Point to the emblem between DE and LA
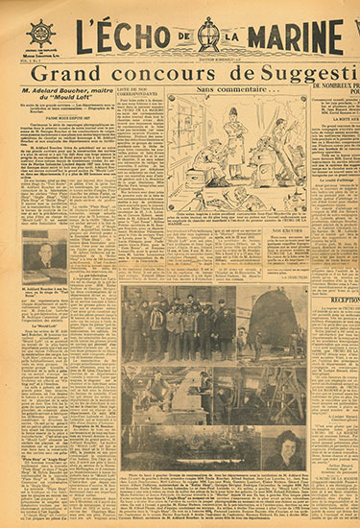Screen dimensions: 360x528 tap(207, 35)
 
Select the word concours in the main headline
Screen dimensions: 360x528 tap(178, 74)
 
